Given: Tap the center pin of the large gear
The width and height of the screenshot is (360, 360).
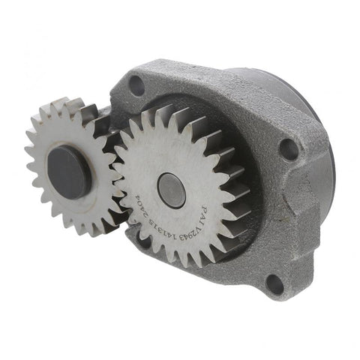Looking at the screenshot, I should [x=171, y=190].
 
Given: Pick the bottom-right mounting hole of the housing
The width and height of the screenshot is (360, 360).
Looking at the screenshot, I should [x=274, y=283].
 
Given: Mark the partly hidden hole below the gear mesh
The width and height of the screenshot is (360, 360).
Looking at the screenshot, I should [x=141, y=239].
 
